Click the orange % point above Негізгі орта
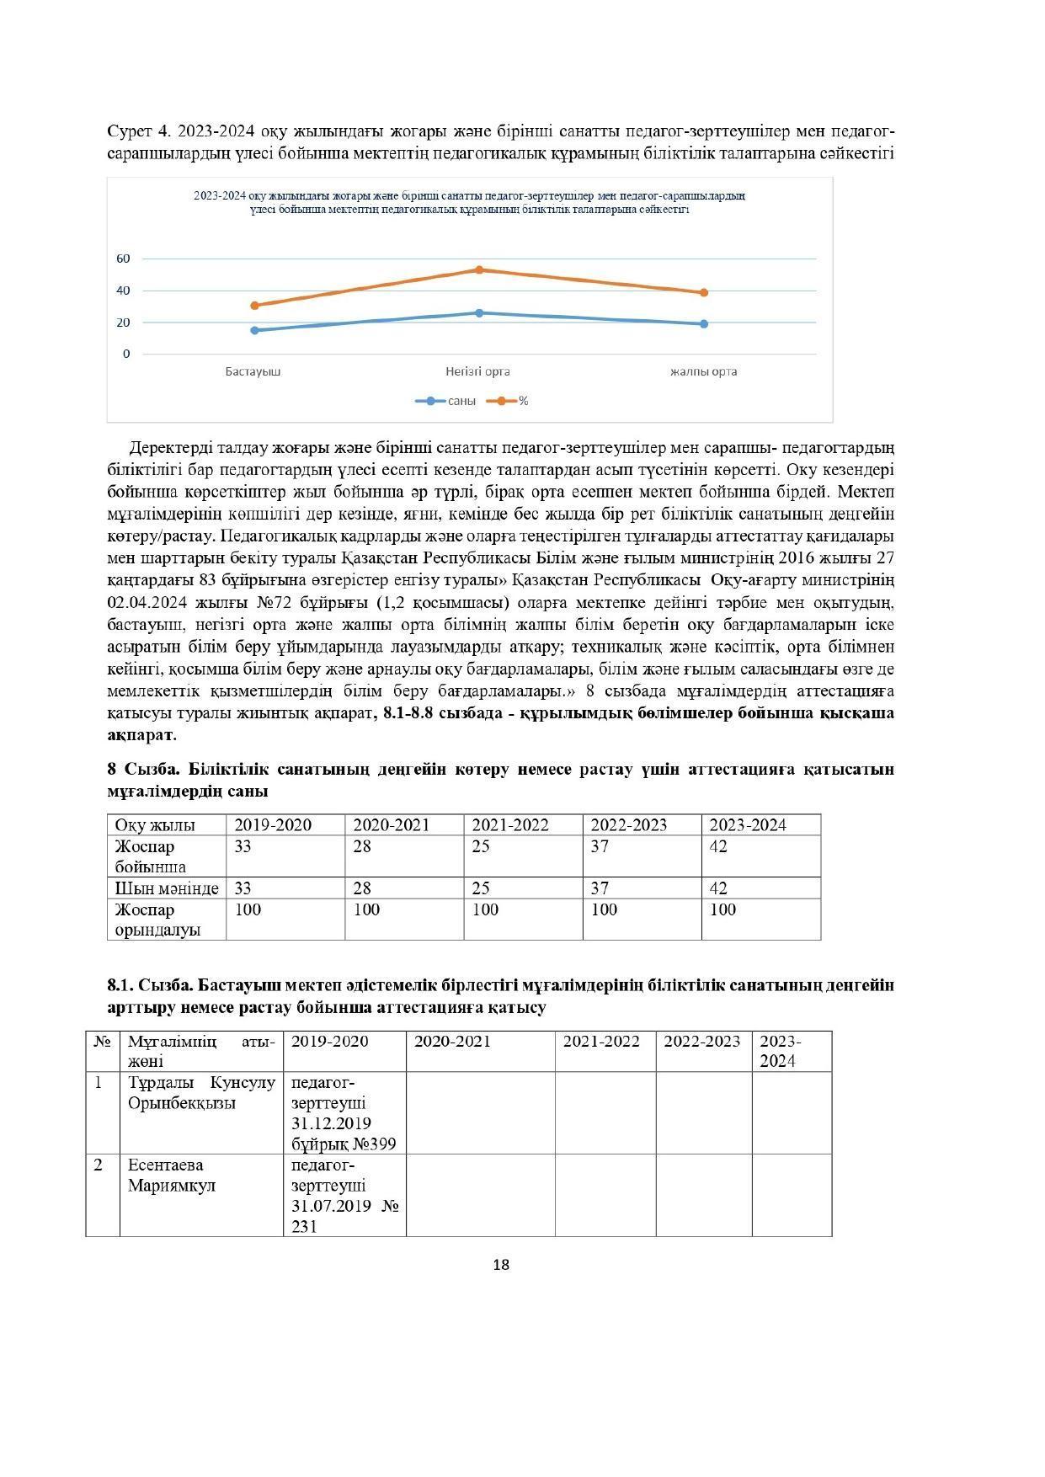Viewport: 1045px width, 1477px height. (479, 269)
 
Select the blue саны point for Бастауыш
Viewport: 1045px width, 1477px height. (254, 330)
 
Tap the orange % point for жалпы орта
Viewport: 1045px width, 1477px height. (704, 293)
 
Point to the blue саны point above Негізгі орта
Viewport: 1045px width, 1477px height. (479, 312)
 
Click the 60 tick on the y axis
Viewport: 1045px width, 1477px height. (124, 259)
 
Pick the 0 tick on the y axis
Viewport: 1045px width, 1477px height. (127, 354)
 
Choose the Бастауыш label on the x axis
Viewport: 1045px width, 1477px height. (253, 371)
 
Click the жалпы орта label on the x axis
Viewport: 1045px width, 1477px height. (704, 371)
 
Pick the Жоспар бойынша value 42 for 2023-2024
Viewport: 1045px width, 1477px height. (718, 846)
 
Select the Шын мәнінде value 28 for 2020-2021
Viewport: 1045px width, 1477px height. (362, 888)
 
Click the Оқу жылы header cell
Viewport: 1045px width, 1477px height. (155, 825)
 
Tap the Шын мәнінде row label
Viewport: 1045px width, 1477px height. (167, 888)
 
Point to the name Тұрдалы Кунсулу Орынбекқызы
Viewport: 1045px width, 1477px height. (201, 1092)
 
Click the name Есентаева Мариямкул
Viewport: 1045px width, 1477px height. (172, 1175)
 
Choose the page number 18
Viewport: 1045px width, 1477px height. (501, 1265)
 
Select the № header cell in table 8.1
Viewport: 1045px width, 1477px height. (102, 1042)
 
